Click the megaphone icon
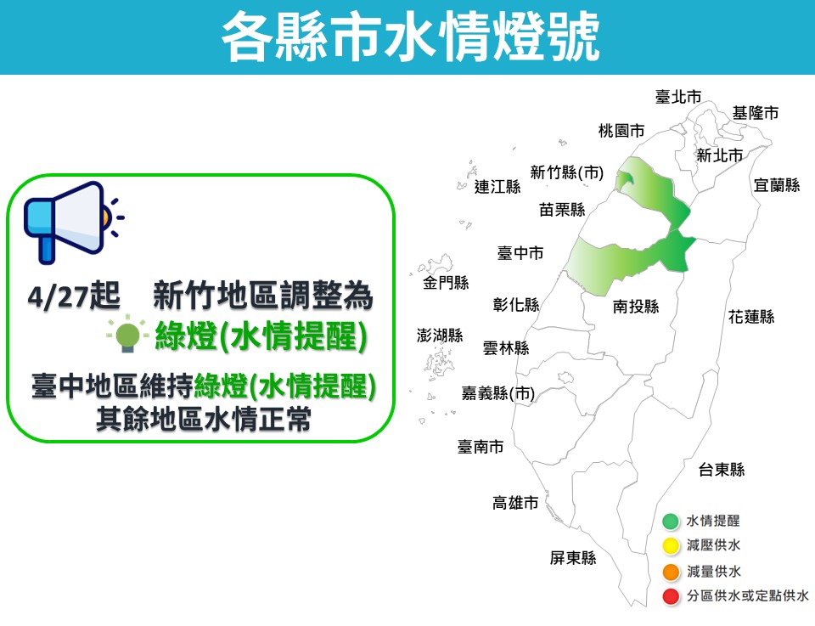click(68, 221)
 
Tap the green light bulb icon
click(127, 336)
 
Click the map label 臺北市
click(678, 97)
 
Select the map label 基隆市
click(756, 112)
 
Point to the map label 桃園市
click(621, 131)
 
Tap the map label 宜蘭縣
click(777, 184)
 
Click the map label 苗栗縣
click(562, 209)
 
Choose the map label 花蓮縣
click(751, 317)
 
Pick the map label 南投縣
click(636, 307)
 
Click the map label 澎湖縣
click(440, 336)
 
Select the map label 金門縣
click(446, 283)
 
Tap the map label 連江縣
click(497, 187)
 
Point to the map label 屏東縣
click(573, 558)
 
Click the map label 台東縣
click(722, 469)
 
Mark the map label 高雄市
click(516, 503)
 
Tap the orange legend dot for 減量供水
click(671, 572)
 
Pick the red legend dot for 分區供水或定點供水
click(671, 597)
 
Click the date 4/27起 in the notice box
click(74, 297)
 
